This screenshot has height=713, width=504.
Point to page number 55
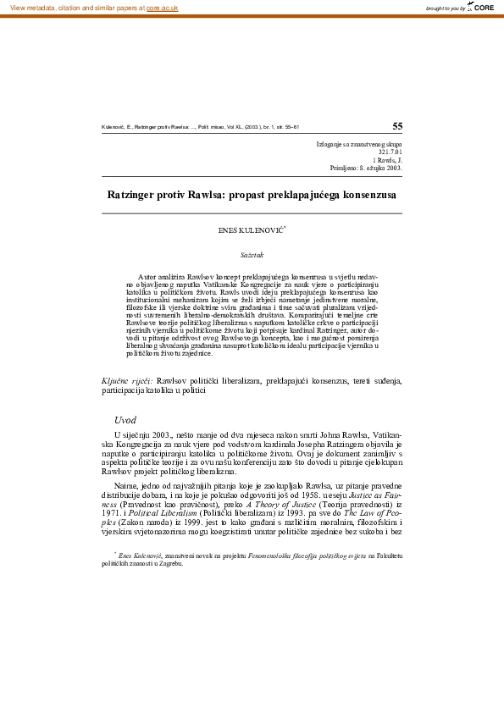tap(397, 125)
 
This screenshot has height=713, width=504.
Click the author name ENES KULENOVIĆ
tap(252, 229)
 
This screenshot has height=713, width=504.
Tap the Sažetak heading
tap(252, 253)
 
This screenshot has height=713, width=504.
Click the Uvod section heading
tap(125, 420)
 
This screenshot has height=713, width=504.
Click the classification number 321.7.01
tap(389, 152)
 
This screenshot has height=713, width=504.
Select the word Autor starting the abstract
tap(148, 277)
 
